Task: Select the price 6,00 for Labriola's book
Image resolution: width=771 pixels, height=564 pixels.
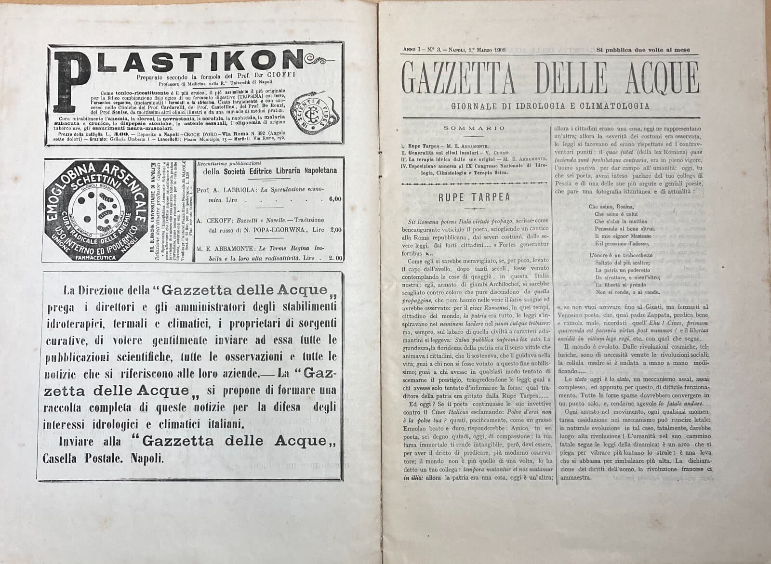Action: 335,198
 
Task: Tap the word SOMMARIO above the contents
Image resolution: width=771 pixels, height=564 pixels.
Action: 474,128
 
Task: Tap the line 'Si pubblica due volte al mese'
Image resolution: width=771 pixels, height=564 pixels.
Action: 643,50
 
